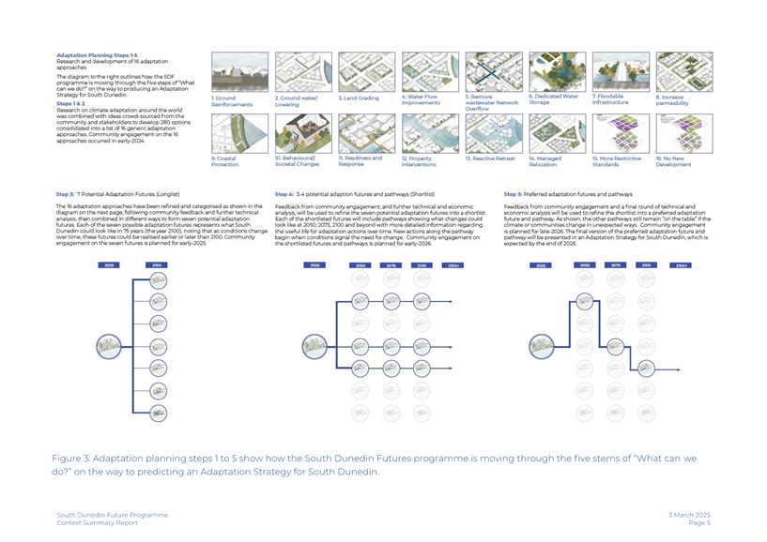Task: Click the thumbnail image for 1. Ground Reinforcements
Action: [x=238, y=71]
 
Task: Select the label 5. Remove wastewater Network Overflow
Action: [x=491, y=101]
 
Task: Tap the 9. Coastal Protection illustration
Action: [x=238, y=133]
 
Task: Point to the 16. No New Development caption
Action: [x=673, y=161]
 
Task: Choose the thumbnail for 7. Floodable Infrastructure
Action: [x=620, y=71]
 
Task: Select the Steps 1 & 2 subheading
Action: [x=71, y=92]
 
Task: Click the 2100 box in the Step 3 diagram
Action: [x=156, y=266]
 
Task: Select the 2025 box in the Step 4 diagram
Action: [x=313, y=266]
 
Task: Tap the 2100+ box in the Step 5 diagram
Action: [x=678, y=266]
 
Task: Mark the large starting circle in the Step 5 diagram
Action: [x=541, y=347]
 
